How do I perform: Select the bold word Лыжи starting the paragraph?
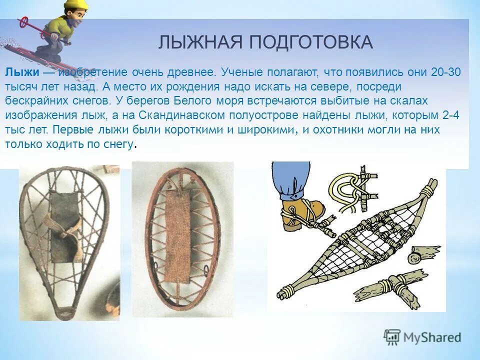click(x=19, y=72)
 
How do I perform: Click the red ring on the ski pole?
click(x=23, y=22)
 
